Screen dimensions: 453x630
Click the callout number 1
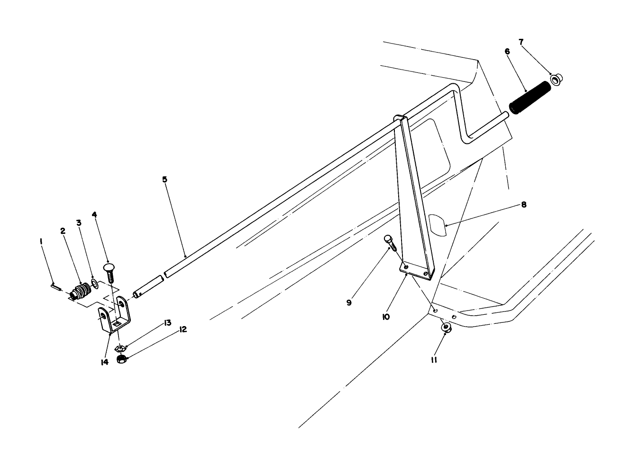[42, 241]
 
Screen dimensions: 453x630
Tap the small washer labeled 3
[94, 284]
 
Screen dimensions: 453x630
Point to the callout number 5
[164, 179]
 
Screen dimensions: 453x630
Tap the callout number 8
[523, 204]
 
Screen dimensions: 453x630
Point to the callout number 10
[386, 316]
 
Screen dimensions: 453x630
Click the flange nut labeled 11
[446, 328]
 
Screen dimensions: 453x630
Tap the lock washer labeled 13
[120, 348]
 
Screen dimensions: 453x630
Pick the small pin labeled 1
[55, 286]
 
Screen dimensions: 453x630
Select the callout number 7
[521, 42]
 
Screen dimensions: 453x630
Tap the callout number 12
[183, 329]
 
